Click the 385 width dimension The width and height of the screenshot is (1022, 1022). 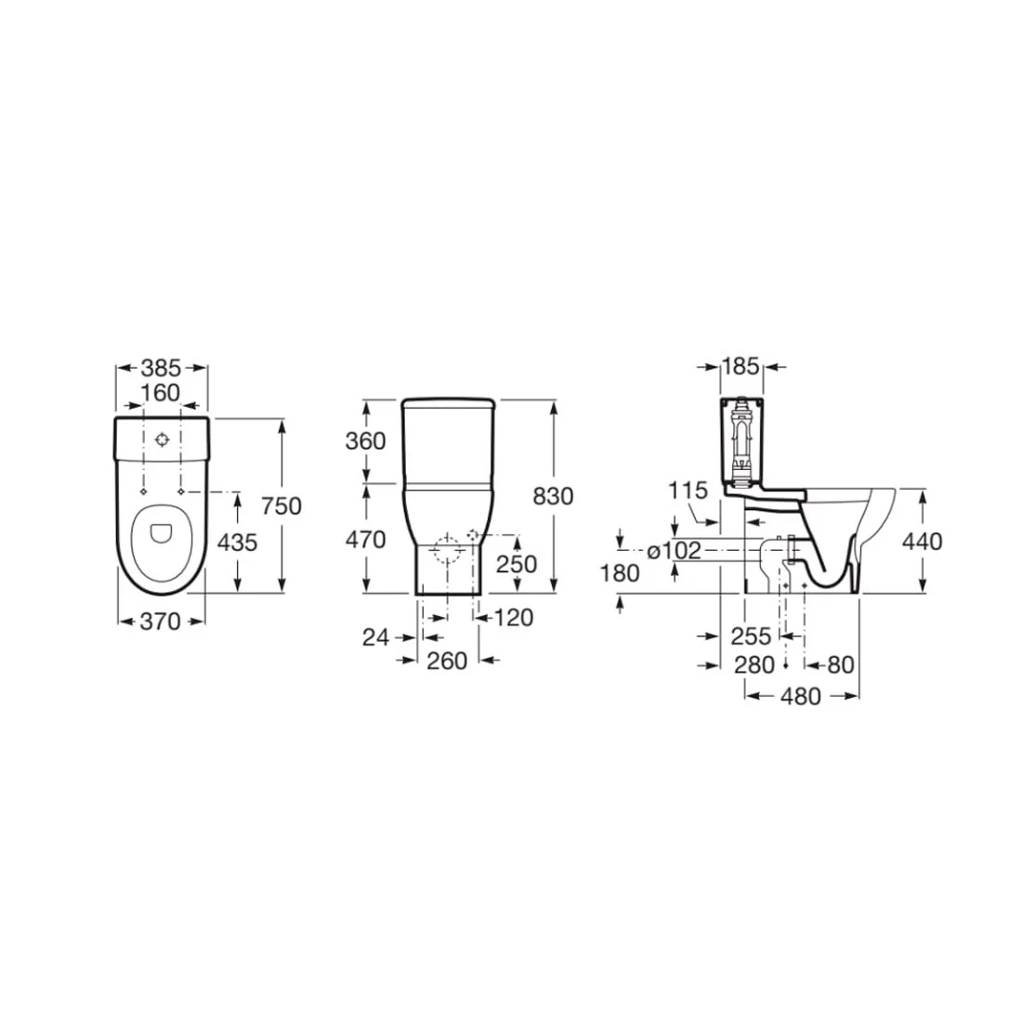[161, 368]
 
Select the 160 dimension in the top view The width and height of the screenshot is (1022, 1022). [161, 393]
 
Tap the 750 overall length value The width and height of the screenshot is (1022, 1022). [282, 506]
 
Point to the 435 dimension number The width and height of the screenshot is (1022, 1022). [237, 543]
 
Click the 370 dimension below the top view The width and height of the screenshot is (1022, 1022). [161, 622]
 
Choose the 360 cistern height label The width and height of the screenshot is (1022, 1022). [366, 441]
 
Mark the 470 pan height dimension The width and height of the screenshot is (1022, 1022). [366, 540]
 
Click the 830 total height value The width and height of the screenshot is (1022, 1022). [554, 497]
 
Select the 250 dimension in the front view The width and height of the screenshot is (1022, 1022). [517, 565]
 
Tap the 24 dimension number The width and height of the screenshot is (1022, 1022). [376, 637]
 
